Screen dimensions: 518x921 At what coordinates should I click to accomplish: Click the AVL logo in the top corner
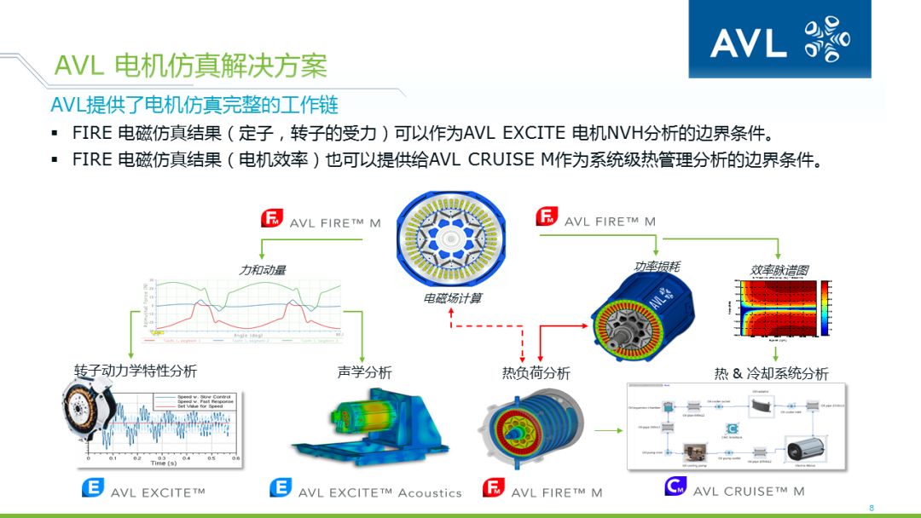(779, 39)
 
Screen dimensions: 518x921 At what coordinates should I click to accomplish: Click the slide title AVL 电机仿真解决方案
(190, 66)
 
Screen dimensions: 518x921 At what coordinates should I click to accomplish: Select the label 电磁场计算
(453, 298)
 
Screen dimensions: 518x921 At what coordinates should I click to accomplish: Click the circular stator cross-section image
(453, 238)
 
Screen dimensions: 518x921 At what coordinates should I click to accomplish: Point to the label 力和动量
(262, 269)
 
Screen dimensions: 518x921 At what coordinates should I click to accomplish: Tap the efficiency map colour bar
(825, 308)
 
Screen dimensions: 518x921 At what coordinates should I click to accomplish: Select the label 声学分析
(364, 372)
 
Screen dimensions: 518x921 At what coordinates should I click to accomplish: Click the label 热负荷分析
(536, 373)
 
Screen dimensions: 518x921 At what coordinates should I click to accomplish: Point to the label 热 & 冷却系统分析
(771, 373)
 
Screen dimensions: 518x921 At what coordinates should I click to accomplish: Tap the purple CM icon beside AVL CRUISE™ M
(675, 486)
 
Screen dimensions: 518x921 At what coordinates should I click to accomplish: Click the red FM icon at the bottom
(493, 488)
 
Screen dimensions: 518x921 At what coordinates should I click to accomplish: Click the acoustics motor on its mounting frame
(368, 426)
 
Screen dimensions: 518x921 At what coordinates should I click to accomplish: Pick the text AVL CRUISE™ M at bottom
(749, 492)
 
